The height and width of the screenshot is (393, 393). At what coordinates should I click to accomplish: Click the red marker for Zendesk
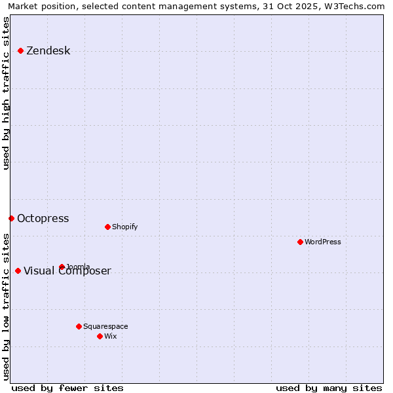[x=20, y=50]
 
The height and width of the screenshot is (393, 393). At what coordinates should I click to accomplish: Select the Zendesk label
[x=48, y=51]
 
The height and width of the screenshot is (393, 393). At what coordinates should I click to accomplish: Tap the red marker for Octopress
[x=11, y=218]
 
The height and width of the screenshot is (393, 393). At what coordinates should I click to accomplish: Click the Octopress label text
[x=43, y=219]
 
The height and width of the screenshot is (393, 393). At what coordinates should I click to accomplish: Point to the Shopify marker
[x=107, y=227]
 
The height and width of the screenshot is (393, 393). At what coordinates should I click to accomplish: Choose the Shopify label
[x=124, y=227]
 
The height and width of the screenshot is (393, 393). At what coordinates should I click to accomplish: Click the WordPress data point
[x=300, y=242]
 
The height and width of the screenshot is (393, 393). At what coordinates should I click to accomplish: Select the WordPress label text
[x=322, y=242]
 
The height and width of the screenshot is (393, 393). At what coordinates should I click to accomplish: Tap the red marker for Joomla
[x=62, y=267]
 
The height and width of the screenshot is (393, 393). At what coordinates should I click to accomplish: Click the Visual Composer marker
[x=18, y=271]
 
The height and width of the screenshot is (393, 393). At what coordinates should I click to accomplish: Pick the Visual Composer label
[x=67, y=271]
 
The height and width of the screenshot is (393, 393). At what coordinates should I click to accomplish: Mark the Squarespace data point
[x=79, y=326]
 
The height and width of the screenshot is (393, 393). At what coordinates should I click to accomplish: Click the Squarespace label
[x=105, y=327]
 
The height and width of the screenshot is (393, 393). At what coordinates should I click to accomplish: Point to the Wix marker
[x=100, y=336]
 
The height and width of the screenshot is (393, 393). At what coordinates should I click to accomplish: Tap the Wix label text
[x=110, y=337]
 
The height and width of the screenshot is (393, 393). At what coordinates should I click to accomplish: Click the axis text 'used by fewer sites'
[x=67, y=388]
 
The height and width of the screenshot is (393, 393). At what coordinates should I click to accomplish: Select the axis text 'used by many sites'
[x=329, y=388]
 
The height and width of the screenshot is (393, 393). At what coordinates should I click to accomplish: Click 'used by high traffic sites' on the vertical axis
[x=7, y=93]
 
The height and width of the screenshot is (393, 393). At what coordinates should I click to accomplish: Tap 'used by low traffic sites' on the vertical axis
[x=7, y=307]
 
